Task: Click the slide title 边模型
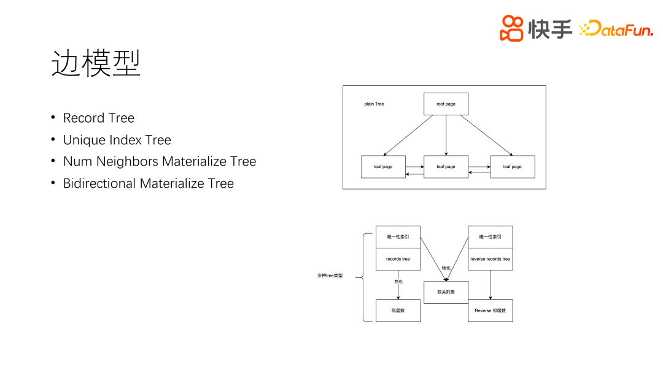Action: tap(96, 63)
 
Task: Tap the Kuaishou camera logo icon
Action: tap(511, 28)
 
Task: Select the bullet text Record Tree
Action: tap(98, 118)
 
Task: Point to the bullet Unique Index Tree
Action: tap(117, 140)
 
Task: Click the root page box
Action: tap(446, 104)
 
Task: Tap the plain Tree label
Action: tap(374, 104)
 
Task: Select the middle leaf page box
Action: tap(446, 167)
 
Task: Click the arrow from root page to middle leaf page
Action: tap(446, 135)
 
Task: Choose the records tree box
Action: tap(398, 259)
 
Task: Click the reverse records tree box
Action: tap(490, 259)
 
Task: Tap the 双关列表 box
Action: tap(446, 292)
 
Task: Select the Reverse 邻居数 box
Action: tap(490, 310)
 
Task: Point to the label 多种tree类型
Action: tap(330, 275)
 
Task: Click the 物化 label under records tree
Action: tap(398, 282)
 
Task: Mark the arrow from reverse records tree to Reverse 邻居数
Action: tap(490, 285)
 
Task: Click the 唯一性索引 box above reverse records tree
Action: tap(490, 237)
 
